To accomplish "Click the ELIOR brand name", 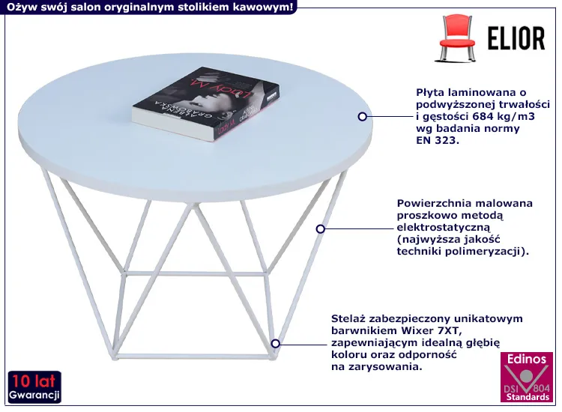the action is [516, 38].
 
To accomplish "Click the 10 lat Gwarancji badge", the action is [34, 387].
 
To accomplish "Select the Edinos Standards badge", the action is [527, 377].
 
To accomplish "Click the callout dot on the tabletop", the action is [363, 116].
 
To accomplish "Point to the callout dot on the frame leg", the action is [321, 228].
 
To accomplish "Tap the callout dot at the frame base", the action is [275, 344].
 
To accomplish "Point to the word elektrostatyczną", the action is [443, 228].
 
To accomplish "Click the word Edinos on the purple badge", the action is [527, 360].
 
